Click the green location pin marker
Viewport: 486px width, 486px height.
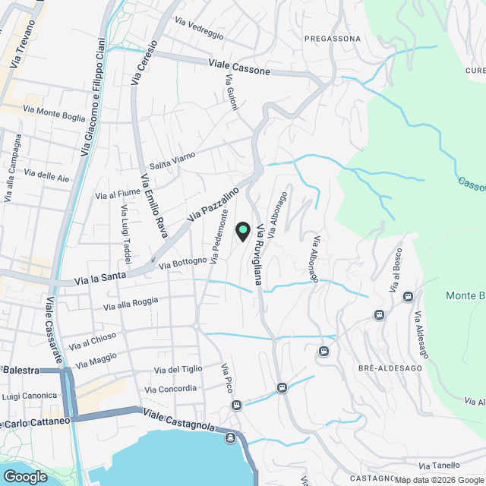243,229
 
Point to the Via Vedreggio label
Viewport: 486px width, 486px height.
199,28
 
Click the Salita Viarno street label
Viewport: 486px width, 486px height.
172,160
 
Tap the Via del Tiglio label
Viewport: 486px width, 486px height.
178,369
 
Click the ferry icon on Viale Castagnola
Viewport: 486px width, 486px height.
230,437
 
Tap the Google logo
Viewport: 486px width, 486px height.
24,476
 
